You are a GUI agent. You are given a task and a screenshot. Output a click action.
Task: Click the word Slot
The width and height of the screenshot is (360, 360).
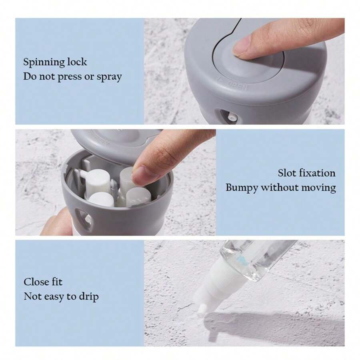click(287, 173)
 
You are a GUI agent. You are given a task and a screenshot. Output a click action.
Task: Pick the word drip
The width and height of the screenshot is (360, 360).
click(88, 296)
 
